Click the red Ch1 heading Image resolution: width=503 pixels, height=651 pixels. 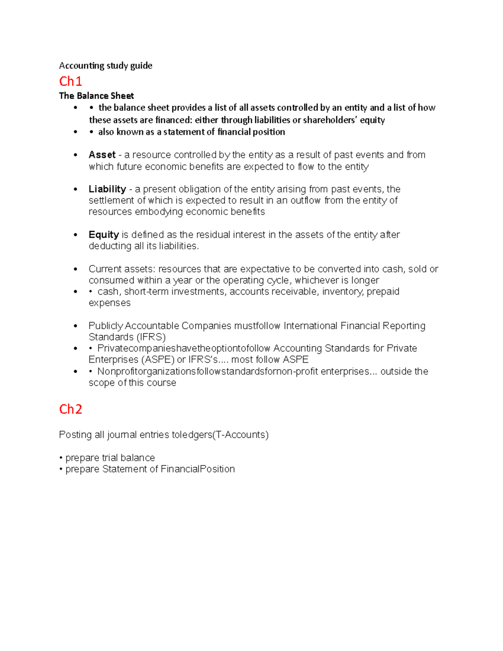point(70,81)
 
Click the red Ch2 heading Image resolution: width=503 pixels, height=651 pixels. point(70,409)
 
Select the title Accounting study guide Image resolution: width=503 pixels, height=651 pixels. point(106,65)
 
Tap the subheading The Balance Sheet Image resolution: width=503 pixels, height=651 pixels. point(96,96)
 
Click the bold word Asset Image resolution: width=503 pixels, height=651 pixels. point(102,155)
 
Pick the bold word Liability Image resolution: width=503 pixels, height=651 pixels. point(107,189)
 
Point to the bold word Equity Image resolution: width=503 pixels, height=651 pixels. point(104,234)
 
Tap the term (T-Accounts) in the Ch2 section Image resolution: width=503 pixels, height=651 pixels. point(241,435)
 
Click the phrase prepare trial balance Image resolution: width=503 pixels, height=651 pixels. point(110,458)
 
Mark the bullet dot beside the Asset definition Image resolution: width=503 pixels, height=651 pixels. point(75,155)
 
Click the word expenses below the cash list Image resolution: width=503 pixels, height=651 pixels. point(109,303)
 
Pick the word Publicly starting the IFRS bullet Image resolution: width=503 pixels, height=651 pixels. point(106,326)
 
